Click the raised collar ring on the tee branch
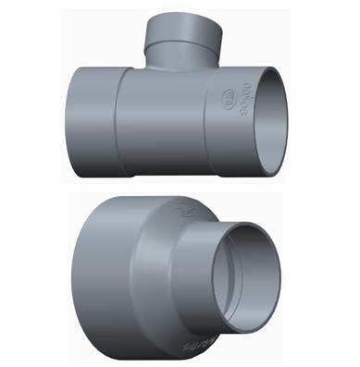coord(182,43)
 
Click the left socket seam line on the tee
coord(114,125)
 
